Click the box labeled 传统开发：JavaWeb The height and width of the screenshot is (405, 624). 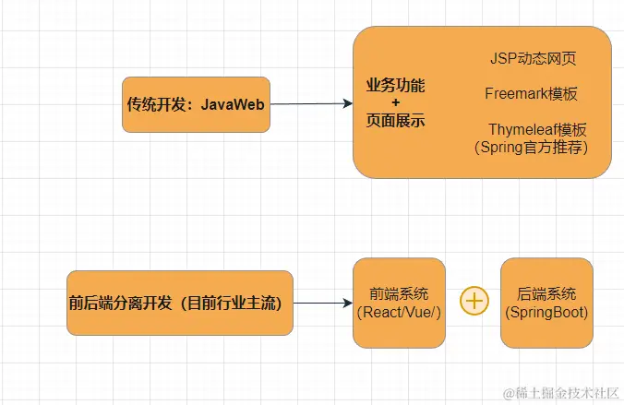196,104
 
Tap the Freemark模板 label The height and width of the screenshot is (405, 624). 531,93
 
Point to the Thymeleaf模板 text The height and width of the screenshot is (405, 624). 537,129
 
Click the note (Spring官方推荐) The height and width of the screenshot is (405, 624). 530,147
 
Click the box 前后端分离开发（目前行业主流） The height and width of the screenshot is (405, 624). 180,303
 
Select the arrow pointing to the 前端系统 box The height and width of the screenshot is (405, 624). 323,303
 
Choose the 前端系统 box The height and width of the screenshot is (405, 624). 399,303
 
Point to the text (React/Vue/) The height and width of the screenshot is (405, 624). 399,313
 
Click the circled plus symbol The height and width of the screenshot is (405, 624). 474,302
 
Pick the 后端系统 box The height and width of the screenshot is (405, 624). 546,303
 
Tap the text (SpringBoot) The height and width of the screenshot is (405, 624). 546,313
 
